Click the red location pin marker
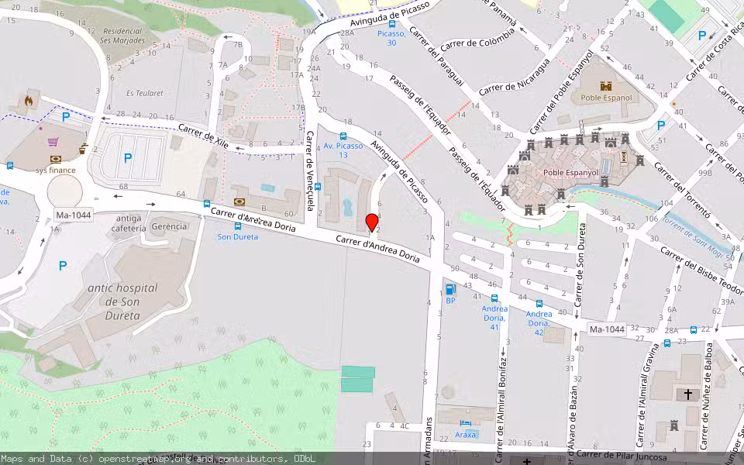pyautogui.click(x=371, y=221)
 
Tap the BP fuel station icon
pyautogui.click(x=450, y=290)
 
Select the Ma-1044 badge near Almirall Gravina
pyautogui.click(x=606, y=329)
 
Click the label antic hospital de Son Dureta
pyautogui.click(x=122, y=301)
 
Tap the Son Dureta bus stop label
pyautogui.click(x=237, y=236)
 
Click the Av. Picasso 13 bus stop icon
pyautogui.click(x=343, y=136)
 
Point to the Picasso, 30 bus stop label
pyautogui.click(x=391, y=38)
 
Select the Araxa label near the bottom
pyautogui.click(x=466, y=435)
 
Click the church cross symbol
pyautogui.click(x=687, y=394)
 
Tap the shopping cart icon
pyautogui.click(x=53, y=142)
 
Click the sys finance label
pyautogui.click(x=56, y=170)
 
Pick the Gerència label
pyautogui.click(x=169, y=226)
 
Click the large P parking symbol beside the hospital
pyautogui.click(x=63, y=266)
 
